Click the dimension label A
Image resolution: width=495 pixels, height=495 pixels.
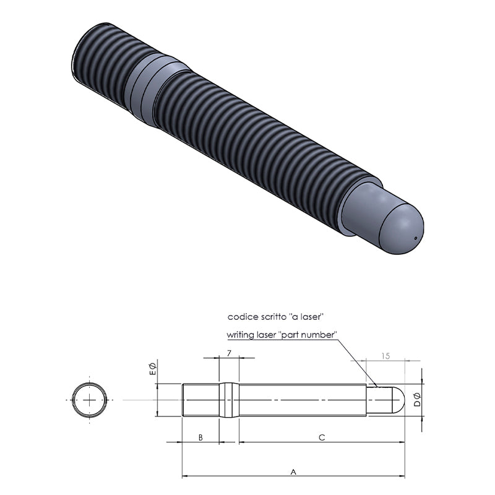293,471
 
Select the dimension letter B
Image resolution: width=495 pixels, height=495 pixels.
200,437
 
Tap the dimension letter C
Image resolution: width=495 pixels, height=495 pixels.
322,437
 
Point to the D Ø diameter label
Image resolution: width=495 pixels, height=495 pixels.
417,399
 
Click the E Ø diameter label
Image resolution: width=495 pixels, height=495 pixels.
152,369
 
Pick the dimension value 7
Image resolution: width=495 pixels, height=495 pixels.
229,353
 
